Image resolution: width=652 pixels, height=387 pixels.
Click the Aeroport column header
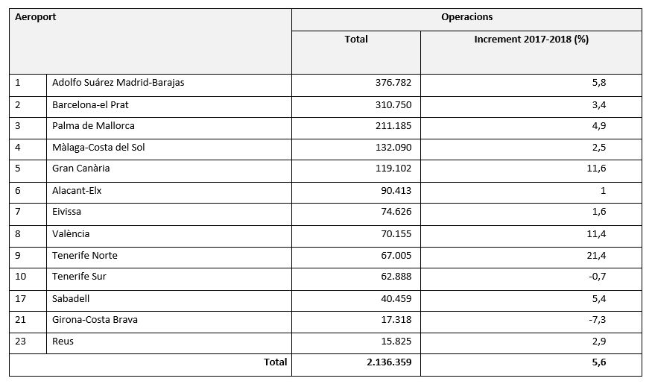click(35, 17)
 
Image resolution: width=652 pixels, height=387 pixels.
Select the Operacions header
click(467, 17)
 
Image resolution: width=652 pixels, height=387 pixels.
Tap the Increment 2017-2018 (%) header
click(531, 39)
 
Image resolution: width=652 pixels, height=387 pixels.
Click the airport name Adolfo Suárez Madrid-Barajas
click(118, 82)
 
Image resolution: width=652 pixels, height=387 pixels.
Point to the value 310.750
click(393, 105)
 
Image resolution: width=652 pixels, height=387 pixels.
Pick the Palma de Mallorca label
click(93, 126)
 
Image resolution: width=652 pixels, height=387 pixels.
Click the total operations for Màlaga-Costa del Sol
click(393, 148)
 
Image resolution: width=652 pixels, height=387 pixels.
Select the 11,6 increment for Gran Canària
click(596, 168)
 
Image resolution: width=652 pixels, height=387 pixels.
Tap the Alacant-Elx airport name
click(77, 191)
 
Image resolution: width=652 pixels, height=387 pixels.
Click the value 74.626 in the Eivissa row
click(396, 211)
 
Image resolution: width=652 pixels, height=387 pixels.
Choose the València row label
click(71, 234)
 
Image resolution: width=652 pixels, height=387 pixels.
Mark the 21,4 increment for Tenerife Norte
click(596, 256)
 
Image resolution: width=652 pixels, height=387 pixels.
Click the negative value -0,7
click(598, 277)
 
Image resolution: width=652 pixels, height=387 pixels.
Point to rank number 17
click(20, 299)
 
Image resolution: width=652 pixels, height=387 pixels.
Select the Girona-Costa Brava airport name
click(95, 320)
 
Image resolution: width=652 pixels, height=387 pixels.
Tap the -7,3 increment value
click(598, 320)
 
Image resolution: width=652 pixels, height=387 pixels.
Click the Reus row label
click(63, 342)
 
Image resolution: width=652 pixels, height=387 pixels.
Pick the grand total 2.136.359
click(389, 362)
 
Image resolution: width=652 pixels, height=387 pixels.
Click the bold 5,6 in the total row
click(599, 362)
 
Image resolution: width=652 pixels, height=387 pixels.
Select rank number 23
click(20, 342)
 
